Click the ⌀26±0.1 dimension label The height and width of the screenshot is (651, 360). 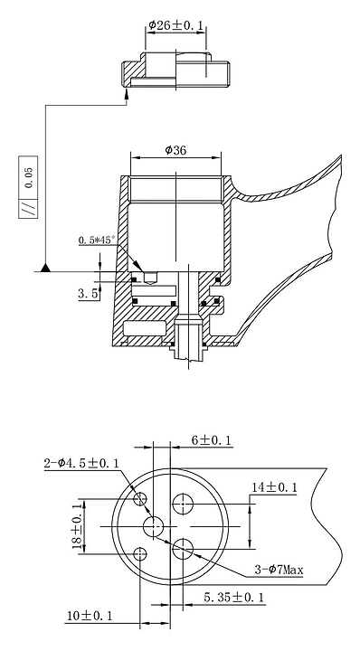[176, 25]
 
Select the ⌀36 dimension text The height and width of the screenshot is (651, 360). [175, 150]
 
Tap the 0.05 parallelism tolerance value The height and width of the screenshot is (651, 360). [28, 178]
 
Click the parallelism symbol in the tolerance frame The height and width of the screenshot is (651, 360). [28, 209]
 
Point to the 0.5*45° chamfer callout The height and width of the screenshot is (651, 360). [97, 240]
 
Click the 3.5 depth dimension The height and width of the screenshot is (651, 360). [88, 294]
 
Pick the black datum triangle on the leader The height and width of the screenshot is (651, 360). [45, 268]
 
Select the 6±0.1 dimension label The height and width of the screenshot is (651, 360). [212, 440]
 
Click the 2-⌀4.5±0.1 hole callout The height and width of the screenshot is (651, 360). [81, 463]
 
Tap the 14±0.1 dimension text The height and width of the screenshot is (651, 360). [274, 487]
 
